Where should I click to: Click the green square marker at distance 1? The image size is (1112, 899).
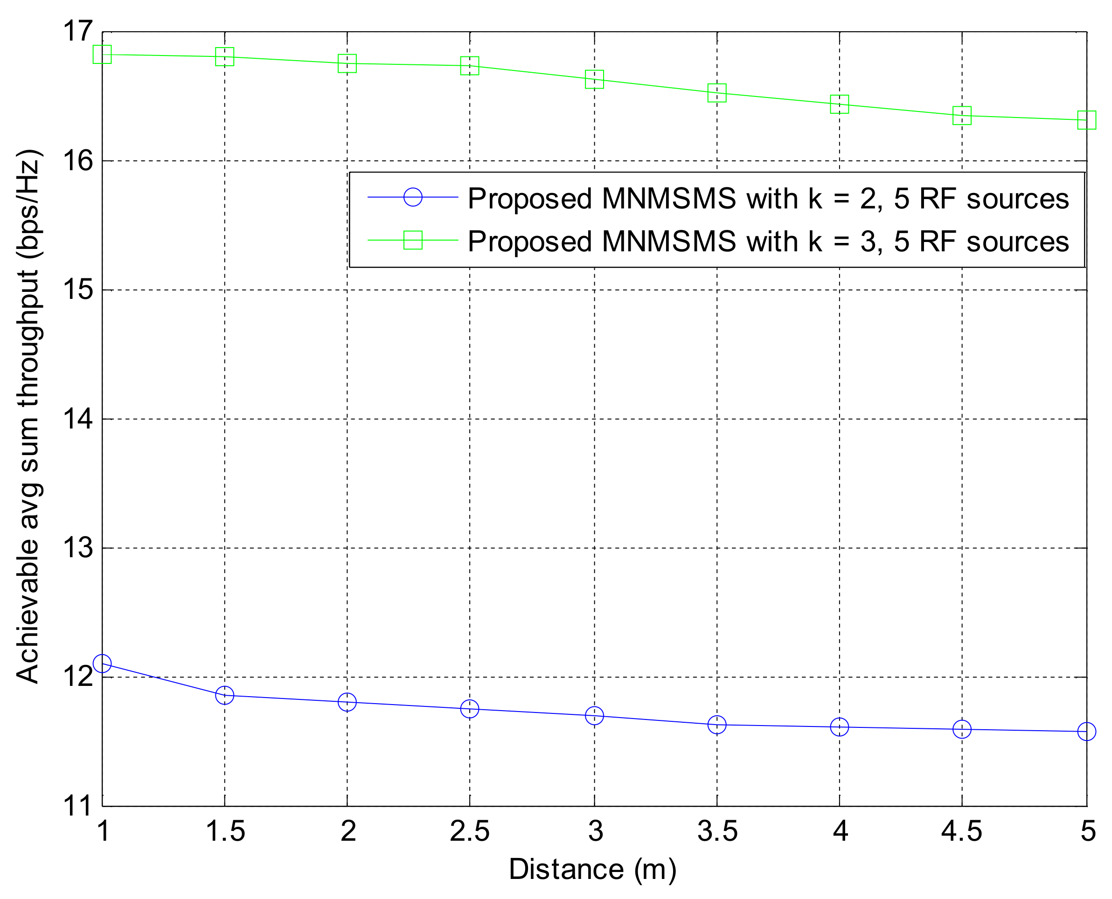[102, 54]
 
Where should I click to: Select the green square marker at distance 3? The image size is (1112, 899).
[594, 79]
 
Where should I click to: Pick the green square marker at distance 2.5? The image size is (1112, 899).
[469, 66]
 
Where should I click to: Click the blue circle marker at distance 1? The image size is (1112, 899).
[102, 664]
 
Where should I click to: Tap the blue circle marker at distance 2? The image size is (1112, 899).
[347, 702]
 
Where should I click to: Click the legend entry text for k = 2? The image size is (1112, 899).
[768, 198]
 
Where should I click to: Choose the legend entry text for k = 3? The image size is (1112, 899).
[768, 242]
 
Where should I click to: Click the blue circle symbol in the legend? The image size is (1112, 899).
[413, 197]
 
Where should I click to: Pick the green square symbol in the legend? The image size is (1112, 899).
[413, 240]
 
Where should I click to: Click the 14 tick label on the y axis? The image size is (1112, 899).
[78, 418]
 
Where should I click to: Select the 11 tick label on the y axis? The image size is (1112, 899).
[78, 806]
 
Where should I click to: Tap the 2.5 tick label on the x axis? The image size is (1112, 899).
[469, 832]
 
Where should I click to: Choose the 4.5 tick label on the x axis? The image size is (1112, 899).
[961, 832]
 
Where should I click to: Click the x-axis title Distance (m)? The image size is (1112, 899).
[592, 870]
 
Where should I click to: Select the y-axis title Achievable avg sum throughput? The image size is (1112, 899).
[28, 417]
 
